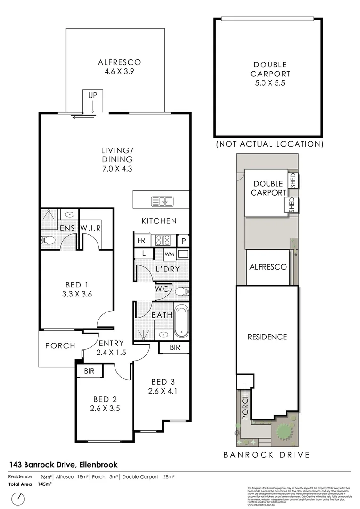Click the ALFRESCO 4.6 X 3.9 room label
pos(119,67)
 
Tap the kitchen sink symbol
pos(162,202)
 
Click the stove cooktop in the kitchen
pos(163,240)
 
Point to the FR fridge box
pos(141,240)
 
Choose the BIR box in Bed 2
pos(89,371)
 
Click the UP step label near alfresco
pos(92,95)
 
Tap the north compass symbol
pos(19,498)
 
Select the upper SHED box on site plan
pos(292,181)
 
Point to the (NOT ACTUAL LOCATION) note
pos(270,144)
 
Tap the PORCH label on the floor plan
pos(60,345)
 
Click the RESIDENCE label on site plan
pos(267,337)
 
